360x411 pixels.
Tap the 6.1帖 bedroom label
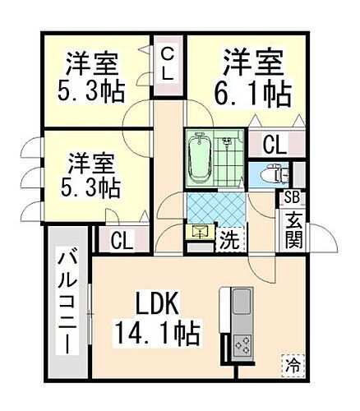click(x=256, y=77)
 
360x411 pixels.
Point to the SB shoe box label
click(x=292, y=197)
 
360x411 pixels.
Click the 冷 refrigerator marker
click(x=292, y=362)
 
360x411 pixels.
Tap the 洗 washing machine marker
click(x=228, y=242)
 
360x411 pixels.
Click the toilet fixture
click(x=271, y=173)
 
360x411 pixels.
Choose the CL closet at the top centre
click(x=167, y=63)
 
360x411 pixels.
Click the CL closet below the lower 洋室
click(x=122, y=242)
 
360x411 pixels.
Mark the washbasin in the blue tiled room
click(x=200, y=233)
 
